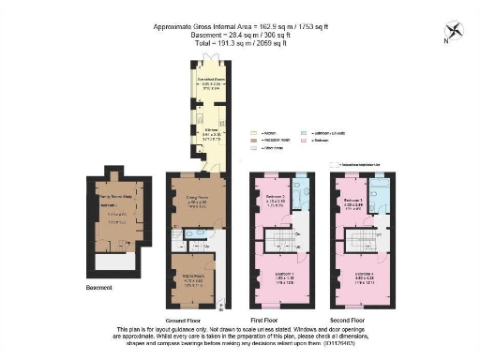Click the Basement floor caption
tap(100, 287)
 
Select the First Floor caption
tap(279, 319)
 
